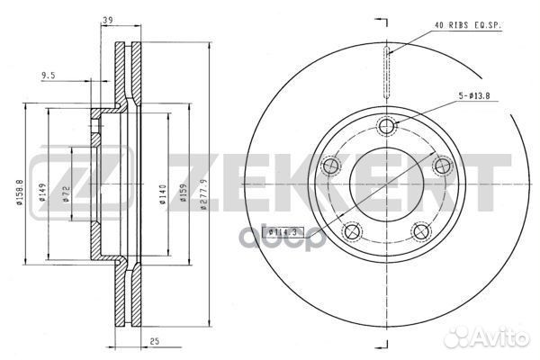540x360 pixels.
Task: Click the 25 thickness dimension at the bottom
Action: click(x=154, y=342)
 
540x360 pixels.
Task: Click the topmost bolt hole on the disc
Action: click(x=388, y=125)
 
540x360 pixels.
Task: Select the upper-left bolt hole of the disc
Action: click(x=330, y=166)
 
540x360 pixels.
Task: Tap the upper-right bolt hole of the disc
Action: click(x=443, y=166)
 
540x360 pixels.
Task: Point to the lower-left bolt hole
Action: click(x=353, y=232)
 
